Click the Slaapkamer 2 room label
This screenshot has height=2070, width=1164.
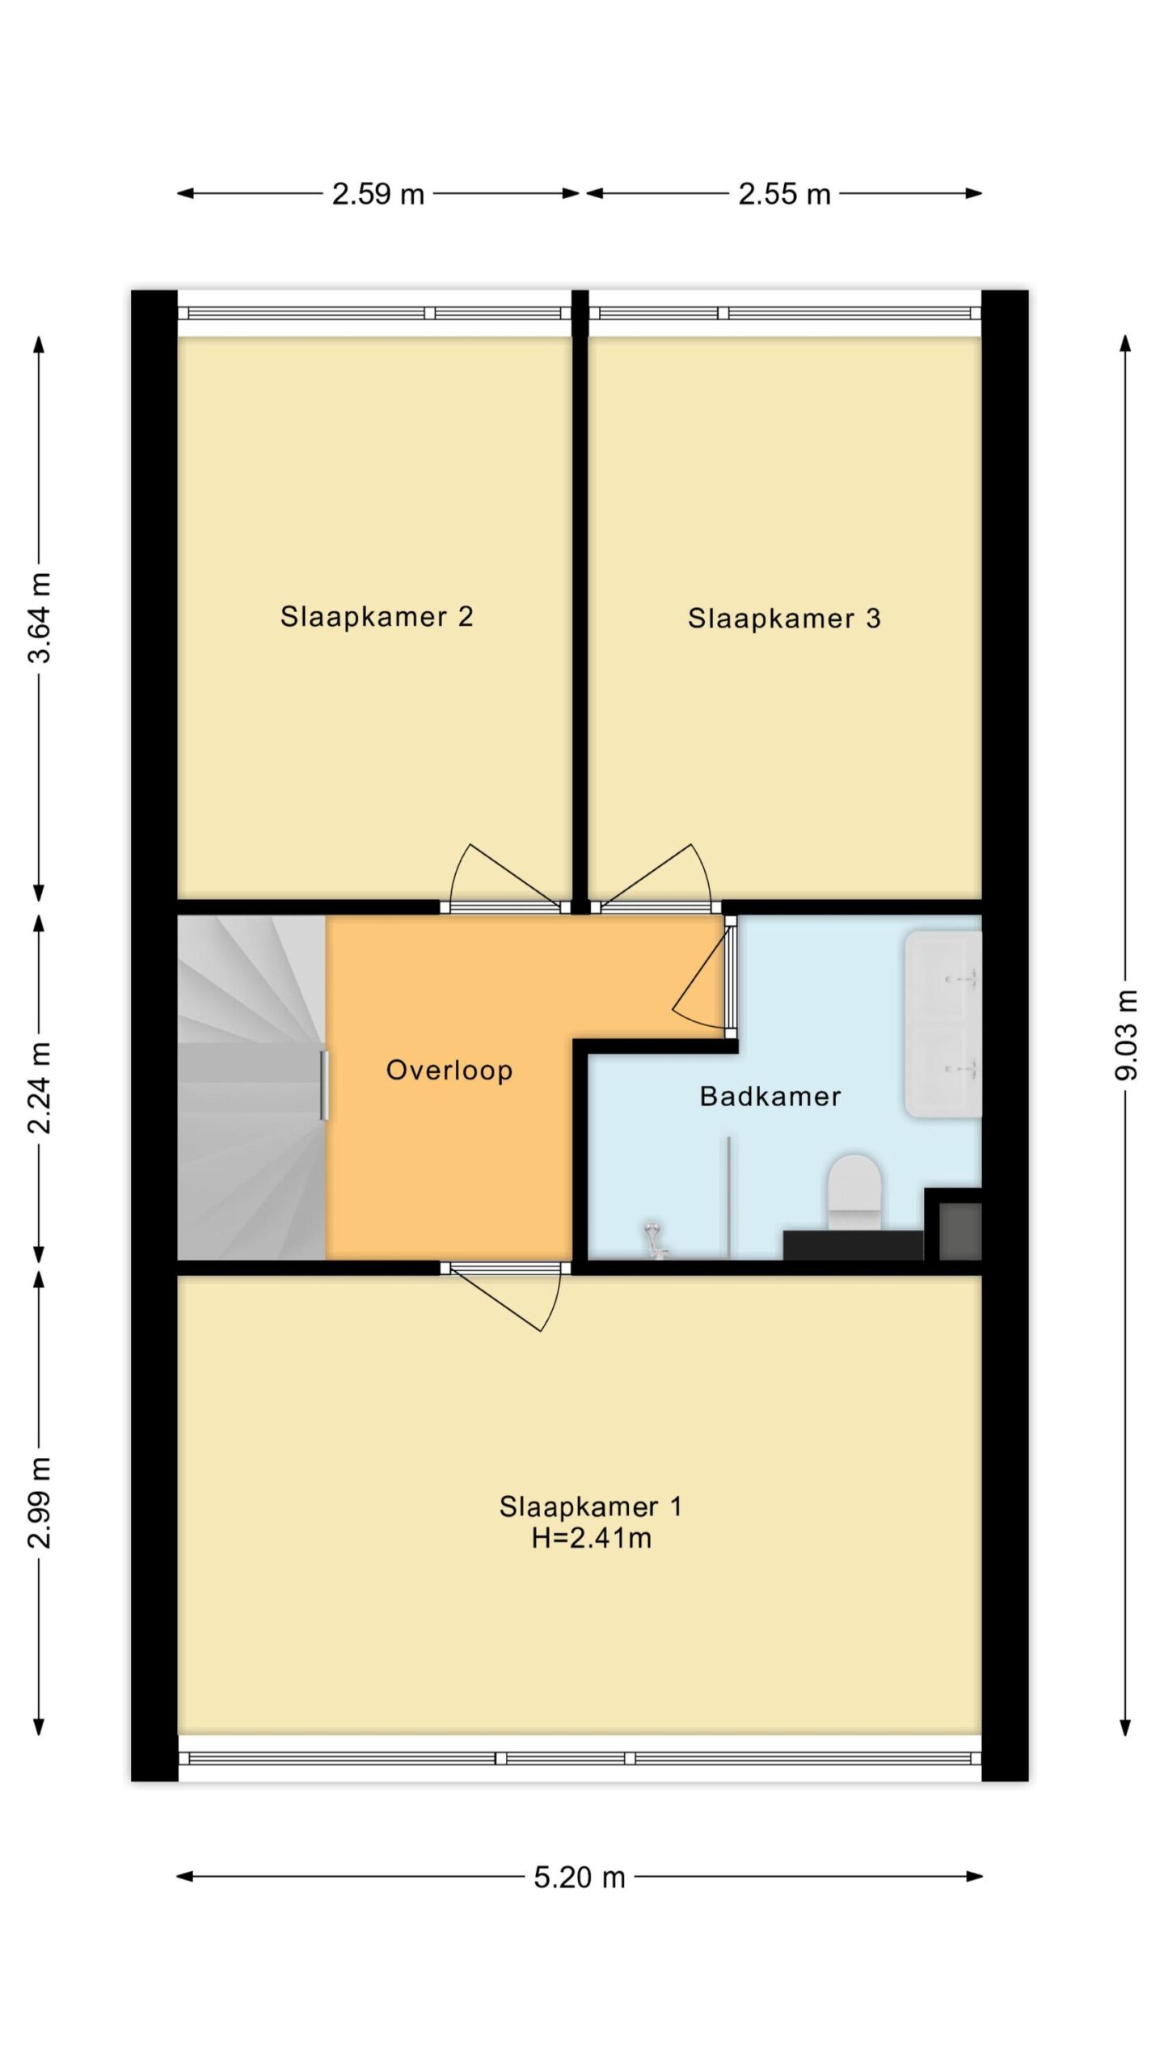(x=377, y=617)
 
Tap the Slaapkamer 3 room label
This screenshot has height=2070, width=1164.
(x=784, y=619)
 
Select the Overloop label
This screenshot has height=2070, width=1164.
(x=449, y=1071)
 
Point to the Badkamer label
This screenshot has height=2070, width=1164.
(x=770, y=1096)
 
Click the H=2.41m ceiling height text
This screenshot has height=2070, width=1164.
(x=592, y=1538)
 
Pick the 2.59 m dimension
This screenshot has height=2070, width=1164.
(x=378, y=194)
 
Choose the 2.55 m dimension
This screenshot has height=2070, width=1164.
(x=784, y=194)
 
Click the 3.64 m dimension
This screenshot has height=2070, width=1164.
(x=40, y=618)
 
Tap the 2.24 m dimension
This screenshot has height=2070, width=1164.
(x=40, y=1088)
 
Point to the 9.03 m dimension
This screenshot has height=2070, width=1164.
(x=1125, y=1034)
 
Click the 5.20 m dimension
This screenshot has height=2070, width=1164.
(x=580, y=1877)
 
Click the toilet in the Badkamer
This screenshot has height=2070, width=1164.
(x=854, y=1193)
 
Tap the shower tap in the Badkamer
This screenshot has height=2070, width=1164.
(x=654, y=1241)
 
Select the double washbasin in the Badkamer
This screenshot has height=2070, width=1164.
(x=943, y=1024)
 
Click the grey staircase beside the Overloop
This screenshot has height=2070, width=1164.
(x=251, y=1088)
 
